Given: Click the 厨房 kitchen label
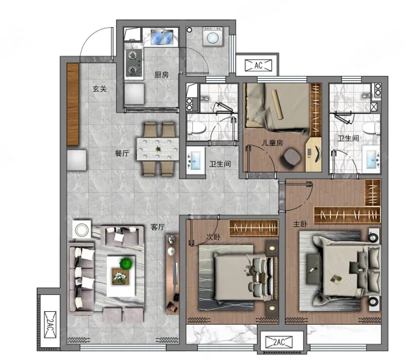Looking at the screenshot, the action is coord(162,75).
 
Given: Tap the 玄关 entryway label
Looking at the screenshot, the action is coord(99,88).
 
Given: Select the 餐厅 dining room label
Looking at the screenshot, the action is coord(122,154).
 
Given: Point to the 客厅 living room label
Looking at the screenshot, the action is coord(158,228).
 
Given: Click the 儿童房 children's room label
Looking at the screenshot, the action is coord(272,143).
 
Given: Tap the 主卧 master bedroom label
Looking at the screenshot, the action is coord(300,223).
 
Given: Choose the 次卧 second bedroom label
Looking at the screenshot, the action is coord(213,237).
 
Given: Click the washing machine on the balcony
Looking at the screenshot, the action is coord(213,37).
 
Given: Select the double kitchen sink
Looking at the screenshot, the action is coord(162,37).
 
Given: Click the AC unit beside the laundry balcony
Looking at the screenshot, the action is coord(258,65).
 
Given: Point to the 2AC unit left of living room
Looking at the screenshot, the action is coord(50,325).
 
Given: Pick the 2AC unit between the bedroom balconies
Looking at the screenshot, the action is coord(279,342).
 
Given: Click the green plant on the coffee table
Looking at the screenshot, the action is coord(126,264).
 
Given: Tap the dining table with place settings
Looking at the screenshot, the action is coord(158,149).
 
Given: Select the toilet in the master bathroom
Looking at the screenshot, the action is coord(371,128).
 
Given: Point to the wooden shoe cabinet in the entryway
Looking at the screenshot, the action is coord(73,105).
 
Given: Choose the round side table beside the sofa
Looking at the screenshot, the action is coord(82,230).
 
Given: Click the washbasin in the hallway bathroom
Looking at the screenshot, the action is coord(196,160).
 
